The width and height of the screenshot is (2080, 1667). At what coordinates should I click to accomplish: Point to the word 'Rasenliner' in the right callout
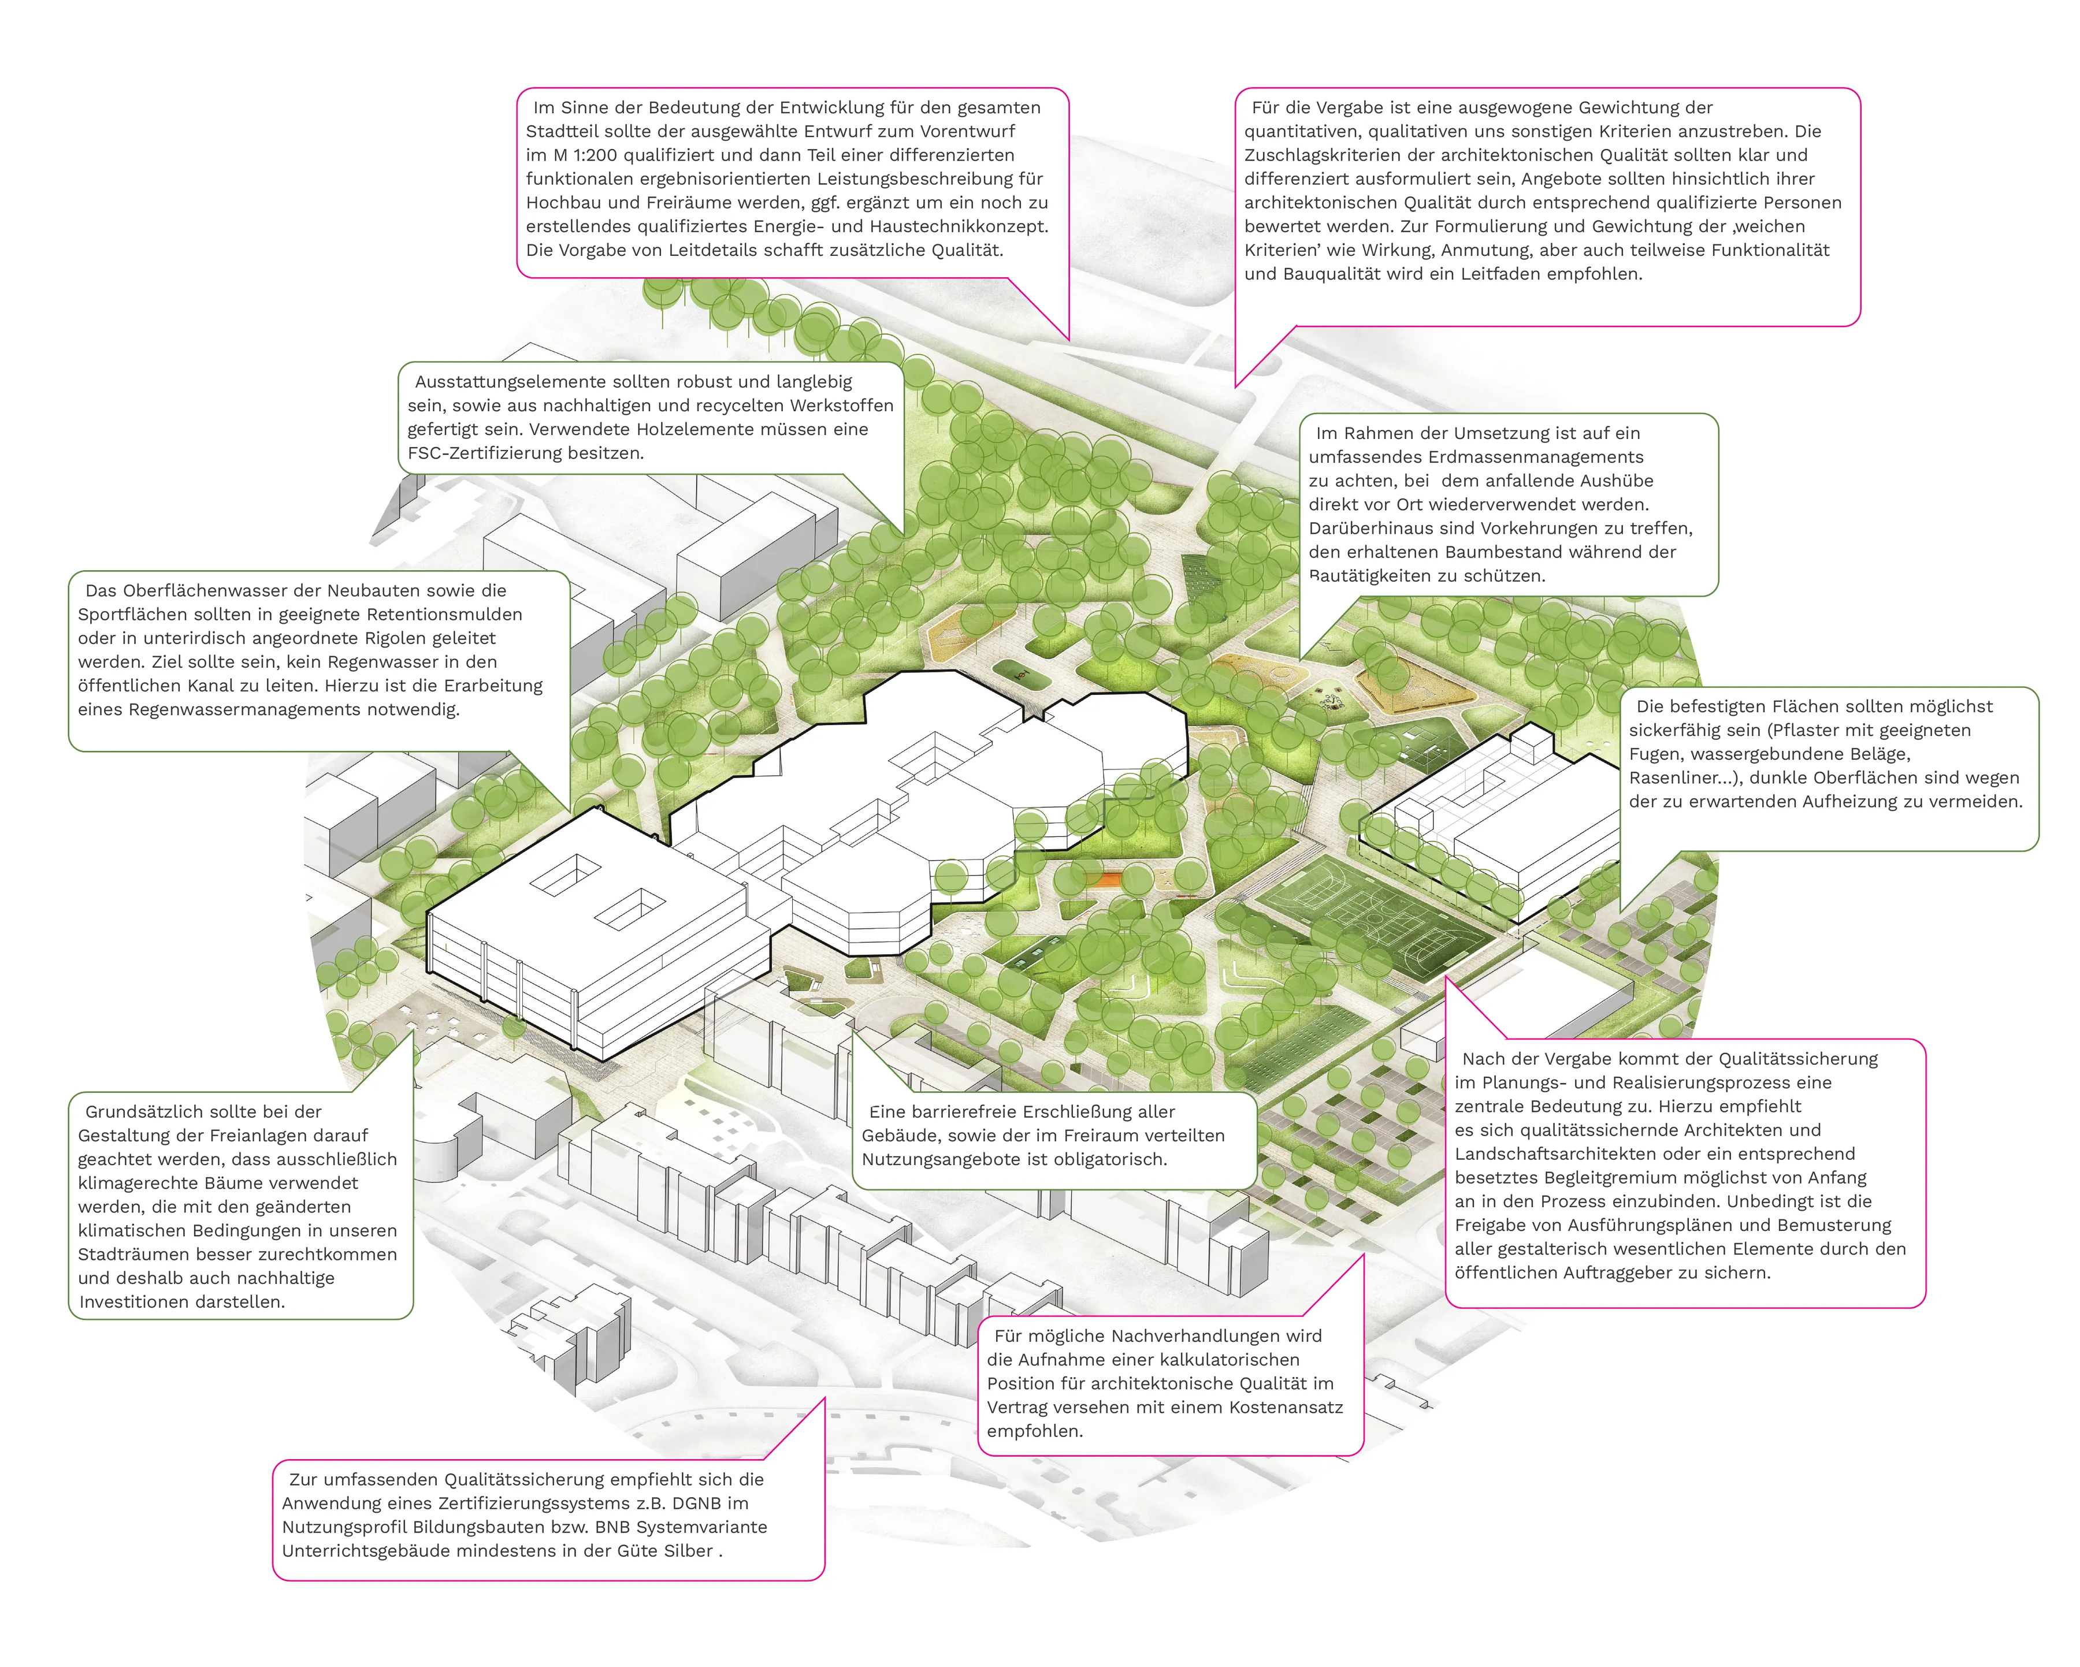[1675, 777]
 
